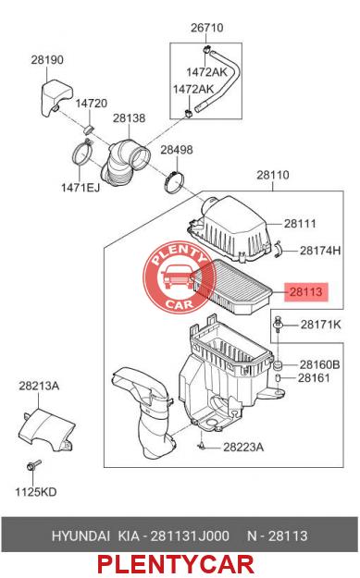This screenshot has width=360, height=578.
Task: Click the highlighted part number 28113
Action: [305, 291]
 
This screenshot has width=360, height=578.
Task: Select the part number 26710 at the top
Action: [207, 28]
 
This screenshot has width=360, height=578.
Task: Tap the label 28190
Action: [47, 60]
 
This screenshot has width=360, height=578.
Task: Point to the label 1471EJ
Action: [81, 188]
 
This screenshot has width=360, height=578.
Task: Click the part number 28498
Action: [177, 150]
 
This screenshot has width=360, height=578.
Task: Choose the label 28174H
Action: [320, 251]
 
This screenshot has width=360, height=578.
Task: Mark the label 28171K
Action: [320, 325]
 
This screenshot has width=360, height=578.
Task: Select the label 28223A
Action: [243, 447]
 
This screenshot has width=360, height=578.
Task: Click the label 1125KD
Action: [36, 492]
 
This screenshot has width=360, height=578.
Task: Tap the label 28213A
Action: [39, 386]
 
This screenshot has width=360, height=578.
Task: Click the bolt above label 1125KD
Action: [33, 465]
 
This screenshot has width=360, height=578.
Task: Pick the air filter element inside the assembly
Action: [231, 286]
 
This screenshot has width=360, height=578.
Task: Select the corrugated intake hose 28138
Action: [125, 162]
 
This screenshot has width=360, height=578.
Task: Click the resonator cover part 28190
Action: [56, 97]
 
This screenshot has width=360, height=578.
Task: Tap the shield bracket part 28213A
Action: [46, 429]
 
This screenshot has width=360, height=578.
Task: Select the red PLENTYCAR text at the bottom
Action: [176, 564]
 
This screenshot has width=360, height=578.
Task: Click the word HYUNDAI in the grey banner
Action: [81, 535]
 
